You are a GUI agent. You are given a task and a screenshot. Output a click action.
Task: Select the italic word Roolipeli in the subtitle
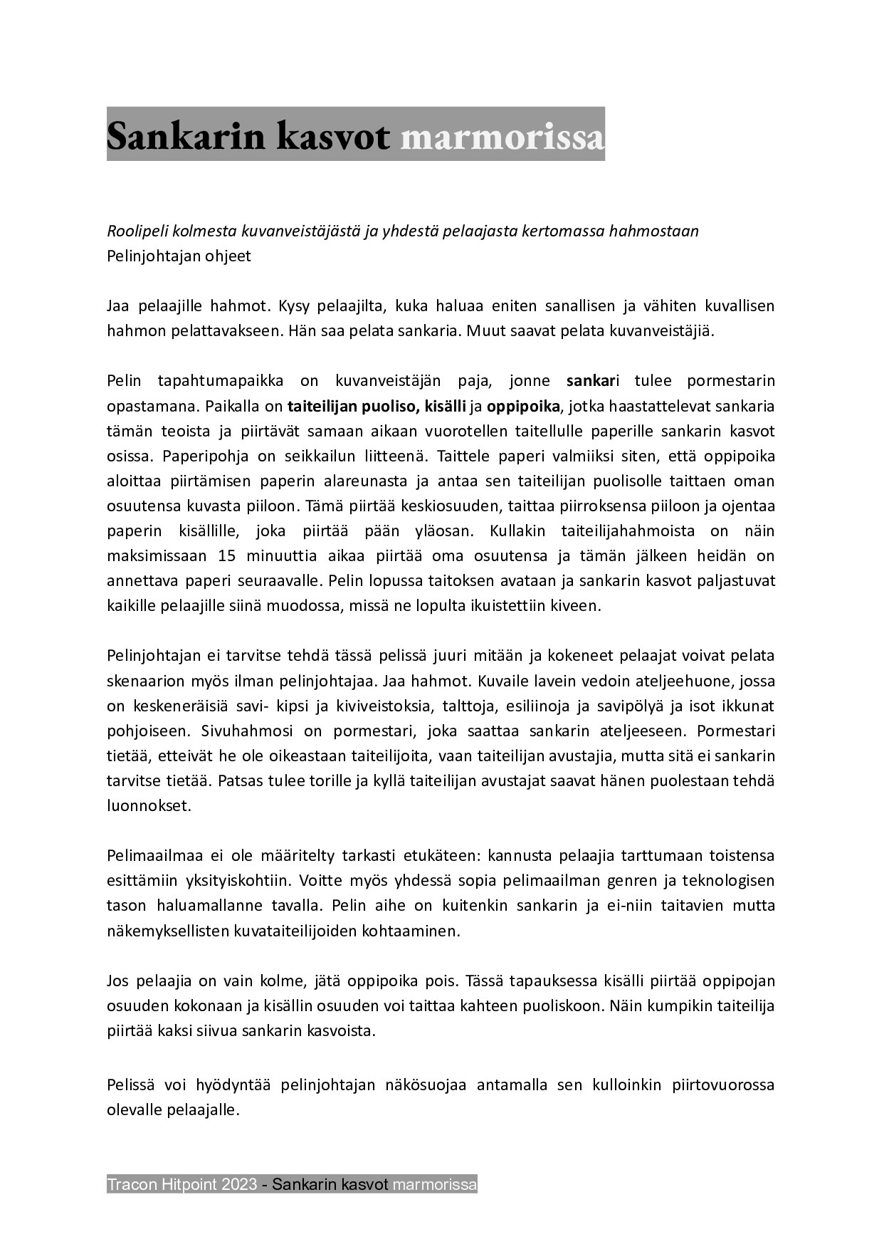pyautogui.click(x=135, y=231)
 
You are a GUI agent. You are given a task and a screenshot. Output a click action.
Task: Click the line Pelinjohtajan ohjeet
pyautogui.click(x=179, y=256)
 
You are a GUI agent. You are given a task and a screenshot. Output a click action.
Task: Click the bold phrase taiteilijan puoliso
pyautogui.click(x=352, y=407)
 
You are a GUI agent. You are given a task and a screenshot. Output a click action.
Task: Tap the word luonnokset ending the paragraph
pyautogui.click(x=149, y=806)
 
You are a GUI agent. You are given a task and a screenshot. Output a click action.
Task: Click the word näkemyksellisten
pyautogui.click(x=164, y=931)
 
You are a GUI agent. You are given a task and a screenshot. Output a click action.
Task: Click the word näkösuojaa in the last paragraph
pyautogui.click(x=426, y=1085)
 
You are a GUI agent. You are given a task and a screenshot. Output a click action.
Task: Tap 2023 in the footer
pyautogui.click(x=239, y=1185)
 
